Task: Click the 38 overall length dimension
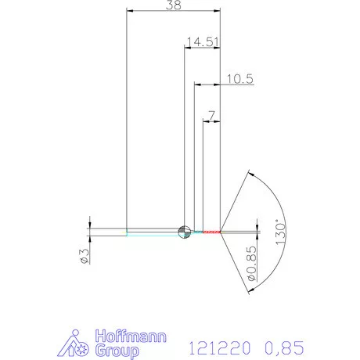tap(173, 5)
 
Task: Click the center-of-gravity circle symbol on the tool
tap(185, 231)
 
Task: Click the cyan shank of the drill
tap(153, 232)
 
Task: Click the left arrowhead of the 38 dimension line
tap(129, 11)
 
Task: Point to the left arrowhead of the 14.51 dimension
tap(187, 47)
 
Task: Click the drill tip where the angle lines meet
tap(222, 231)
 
